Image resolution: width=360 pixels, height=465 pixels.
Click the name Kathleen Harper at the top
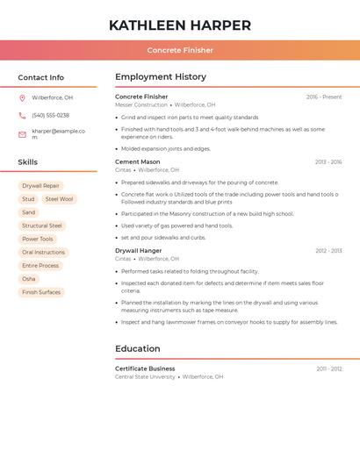tap(180, 25)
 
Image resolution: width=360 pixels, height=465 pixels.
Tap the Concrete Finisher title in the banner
tap(180, 50)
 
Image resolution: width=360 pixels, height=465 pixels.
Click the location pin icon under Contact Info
tap(22, 97)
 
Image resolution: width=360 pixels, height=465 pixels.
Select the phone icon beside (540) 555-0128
tap(22, 115)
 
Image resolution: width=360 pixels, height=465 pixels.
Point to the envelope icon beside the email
tap(22, 134)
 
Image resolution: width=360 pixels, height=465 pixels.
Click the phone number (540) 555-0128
tap(50, 115)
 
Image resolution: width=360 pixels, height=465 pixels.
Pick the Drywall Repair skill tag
tap(40, 186)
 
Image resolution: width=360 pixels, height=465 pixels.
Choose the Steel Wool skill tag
tap(59, 199)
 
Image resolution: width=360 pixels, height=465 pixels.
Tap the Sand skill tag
tap(29, 212)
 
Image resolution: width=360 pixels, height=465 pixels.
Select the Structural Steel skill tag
tap(42, 225)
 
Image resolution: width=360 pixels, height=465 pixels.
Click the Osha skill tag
tap(29, 279)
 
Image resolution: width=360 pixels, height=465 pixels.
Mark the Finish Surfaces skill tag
tap(41, 292)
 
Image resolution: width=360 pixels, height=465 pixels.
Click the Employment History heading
tap(161, 77)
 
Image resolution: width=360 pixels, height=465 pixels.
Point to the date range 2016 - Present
tap(324, 97)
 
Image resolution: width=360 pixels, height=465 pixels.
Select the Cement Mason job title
tap(138, 162)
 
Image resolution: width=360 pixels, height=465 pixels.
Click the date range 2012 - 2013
tap(328, 251)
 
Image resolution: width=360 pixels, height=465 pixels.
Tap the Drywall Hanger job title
tap(139, 251)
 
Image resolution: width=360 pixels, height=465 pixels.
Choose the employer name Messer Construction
tap(140, 104)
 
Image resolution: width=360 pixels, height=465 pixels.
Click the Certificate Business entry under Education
tap(145, 368)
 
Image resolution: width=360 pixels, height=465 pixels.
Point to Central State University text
tap(145, 376)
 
